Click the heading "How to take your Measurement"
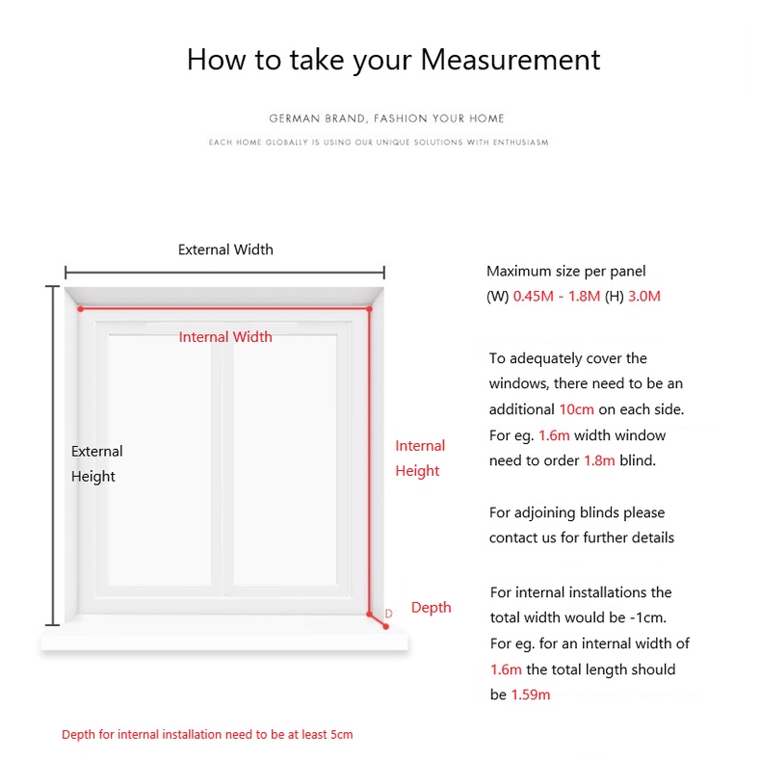point(393,60)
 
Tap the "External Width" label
point(225,249)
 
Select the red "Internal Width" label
point(225,337)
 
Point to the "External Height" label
point(96,463)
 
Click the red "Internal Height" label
point(420,459)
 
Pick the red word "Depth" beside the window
point(431,607)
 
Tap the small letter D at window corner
point(389,614)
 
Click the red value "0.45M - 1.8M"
point(557,297)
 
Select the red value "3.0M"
point(644,297)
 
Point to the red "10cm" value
point(576,409)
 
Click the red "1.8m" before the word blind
point(599,460)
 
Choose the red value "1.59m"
point(531,694)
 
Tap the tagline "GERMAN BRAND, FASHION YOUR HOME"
point(386,118)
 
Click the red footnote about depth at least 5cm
point(207,735)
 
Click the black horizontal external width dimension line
point(224,273)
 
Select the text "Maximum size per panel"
point(565,272)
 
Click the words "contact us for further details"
point(581,537)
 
